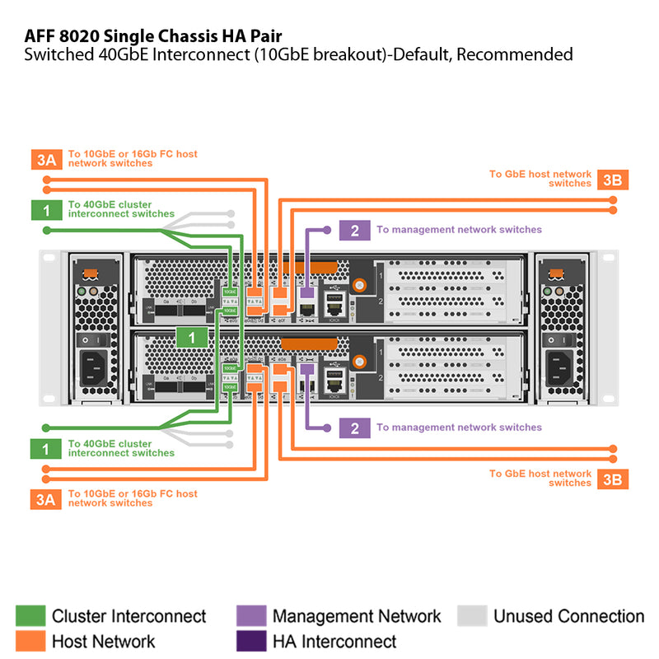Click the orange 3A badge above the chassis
pyautogui.click(x=44, y=159)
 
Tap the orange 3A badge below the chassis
pyautogui.click(x=44, y=498)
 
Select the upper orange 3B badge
pyautogui.click(x=612, y=180)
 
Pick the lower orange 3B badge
pyautogui.click(x=612, y=479)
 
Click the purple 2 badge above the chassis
pyautogui.click(x=354, y=230)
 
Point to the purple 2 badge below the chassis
pyautogui.click(x=354, y=428)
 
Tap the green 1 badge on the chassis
pyautogui.click(x=191, y=337)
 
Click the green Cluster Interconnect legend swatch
pyautogui.click(x=30, y=616)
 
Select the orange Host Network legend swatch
pyautogui.click(x=30, y=641)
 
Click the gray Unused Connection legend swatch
pyautogui.click(x=472, y=616)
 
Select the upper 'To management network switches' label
pyautogui.click(x=459, y=230)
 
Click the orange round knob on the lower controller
pyautogui.click(x=360, y=361)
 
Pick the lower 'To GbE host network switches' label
pyautogui.click(x=540, y=479)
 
